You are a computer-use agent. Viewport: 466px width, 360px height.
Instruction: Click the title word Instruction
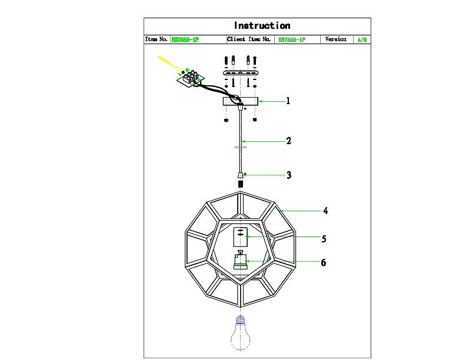(262, 26)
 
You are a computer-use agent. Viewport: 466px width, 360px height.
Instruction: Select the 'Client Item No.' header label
(249, 39)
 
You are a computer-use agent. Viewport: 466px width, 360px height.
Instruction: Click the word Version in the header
(335, 39)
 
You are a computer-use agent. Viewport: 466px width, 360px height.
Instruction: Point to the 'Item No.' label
(157, 39)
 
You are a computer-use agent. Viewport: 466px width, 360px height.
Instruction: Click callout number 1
(288, 101)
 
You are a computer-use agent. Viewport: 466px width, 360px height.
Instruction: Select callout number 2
(288, 141)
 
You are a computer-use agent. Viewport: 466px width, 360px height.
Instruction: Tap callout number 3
(288, 175)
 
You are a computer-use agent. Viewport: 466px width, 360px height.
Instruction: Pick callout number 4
(325, 211)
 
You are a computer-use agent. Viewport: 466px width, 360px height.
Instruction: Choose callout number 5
(324, 239)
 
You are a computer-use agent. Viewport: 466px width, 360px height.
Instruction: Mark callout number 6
(323, 262)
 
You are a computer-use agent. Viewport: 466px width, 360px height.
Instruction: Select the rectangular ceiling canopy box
(240, 102)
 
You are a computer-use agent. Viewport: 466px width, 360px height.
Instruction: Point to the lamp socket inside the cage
(240, 261)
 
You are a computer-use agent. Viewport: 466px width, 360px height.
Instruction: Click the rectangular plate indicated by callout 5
(240, 237)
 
